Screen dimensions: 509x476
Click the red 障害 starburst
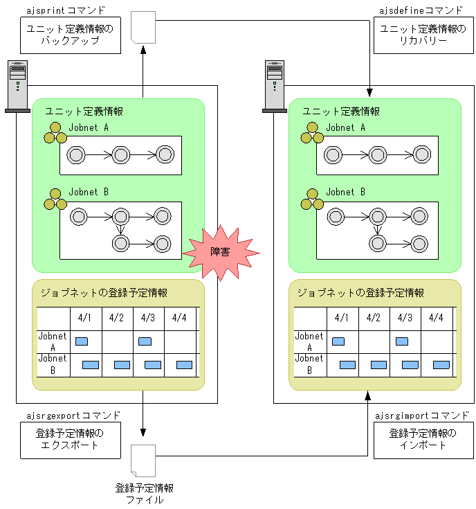(x=221, y=252)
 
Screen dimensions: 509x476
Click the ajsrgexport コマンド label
(x=72, y=416)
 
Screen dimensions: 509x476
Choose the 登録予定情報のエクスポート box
(x=69, y=440)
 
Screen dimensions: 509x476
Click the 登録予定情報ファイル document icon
(x=143, y=461)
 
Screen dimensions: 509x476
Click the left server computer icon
(x=17, y=86)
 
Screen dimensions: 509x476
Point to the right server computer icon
(x=275, y=86)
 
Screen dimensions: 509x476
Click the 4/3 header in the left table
(x=148, y=318)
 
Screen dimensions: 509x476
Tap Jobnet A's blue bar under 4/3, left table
(x=145, y=341)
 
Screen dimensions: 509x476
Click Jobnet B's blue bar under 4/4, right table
(x=441, y=365)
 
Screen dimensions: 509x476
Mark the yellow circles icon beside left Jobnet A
(x=55, y=134)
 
